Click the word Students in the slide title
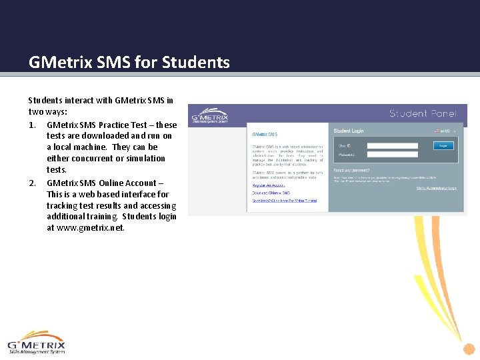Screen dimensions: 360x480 (197, 63)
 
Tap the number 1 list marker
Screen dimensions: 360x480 (31, 125)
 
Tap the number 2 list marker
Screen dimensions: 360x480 (31, 183)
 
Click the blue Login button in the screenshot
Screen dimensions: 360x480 (443, 145)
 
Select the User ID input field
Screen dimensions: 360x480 (392, 145)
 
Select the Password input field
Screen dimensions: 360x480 (392, 154)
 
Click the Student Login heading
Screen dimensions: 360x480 (349, 131)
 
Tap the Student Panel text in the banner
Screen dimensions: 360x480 (423, 113)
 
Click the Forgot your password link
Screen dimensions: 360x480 (351, 170)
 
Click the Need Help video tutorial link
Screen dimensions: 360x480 (285, 201)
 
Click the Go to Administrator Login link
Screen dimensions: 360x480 (437, 189)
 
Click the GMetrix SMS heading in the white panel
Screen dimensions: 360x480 (265, 135)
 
